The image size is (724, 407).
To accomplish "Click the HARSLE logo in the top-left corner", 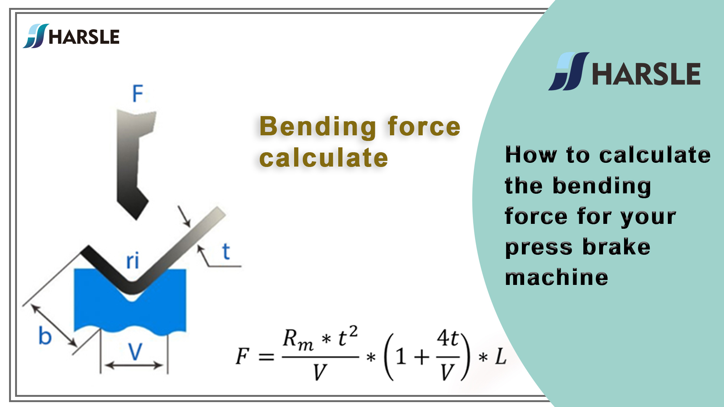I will pos(71,36).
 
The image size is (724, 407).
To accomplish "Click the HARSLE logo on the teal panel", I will pos(624,72).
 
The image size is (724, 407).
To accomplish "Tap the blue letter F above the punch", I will pos(138,93).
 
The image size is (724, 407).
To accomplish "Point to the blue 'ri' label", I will pos(132,261).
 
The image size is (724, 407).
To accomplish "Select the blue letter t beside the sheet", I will pos(226,251).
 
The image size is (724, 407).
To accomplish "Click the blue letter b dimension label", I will pos(45,335).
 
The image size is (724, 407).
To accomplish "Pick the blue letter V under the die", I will pos(135,352).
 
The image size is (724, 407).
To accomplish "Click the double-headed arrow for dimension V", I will pos(134,365).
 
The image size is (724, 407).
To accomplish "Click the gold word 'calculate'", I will pos(324,158).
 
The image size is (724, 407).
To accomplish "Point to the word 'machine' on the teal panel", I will pos(557,277).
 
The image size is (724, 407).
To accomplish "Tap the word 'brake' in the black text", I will pos(616,247).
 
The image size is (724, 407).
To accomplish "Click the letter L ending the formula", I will pos(500,356).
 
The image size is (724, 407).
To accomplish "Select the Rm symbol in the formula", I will pos(298,339).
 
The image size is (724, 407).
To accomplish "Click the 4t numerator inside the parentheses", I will pos(447,338).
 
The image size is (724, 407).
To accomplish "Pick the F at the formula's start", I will pos(242,356).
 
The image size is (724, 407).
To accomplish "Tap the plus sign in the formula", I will pos(422,356).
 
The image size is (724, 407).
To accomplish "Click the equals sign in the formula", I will pos(266,357).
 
